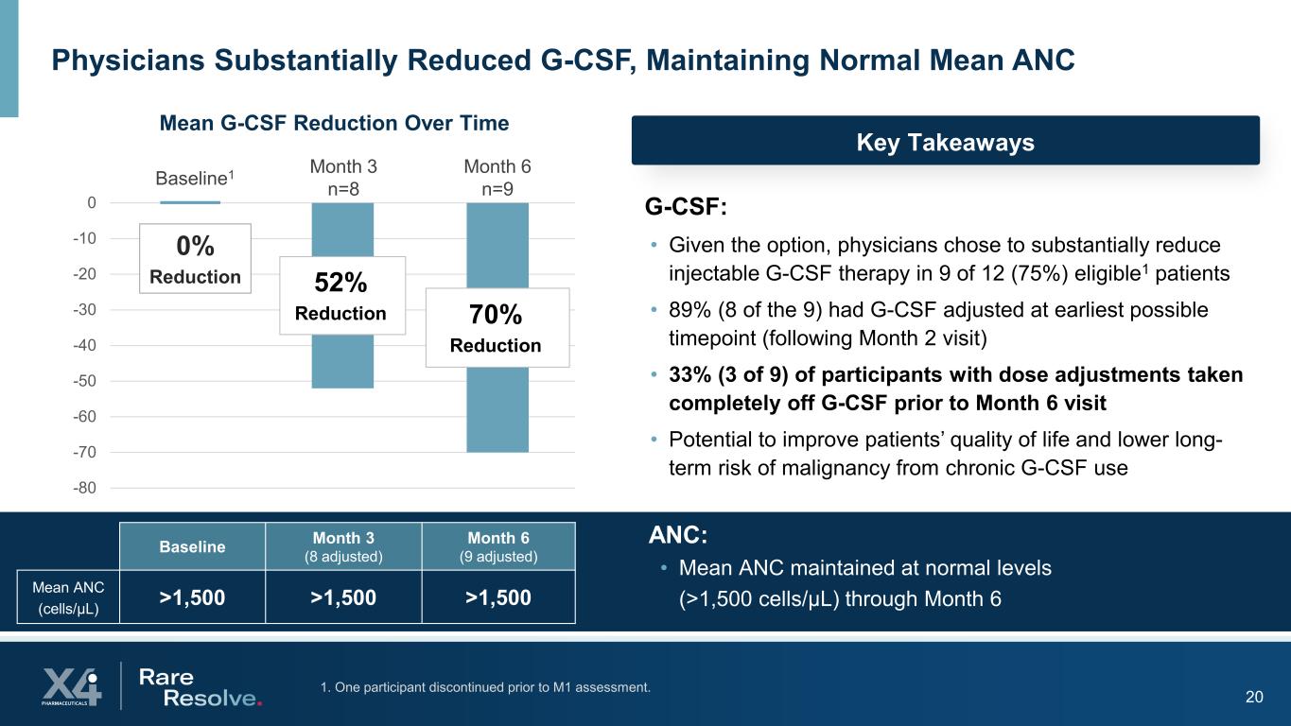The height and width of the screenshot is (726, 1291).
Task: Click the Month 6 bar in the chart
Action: click(497, 409)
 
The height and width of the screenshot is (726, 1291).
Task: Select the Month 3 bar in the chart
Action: click(342, 361)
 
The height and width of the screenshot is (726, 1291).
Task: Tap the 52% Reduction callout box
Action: click(341, 295)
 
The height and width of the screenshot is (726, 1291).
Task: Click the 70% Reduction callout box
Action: click(497, 327)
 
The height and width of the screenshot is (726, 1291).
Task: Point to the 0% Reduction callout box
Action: click(195, 258)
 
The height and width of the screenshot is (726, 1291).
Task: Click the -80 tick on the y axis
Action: click(86, 488)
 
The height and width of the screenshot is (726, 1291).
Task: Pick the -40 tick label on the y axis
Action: click(86, 345)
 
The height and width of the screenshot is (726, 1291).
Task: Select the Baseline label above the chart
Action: click(194, 178)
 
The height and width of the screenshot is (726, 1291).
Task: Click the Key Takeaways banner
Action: click(945, 142)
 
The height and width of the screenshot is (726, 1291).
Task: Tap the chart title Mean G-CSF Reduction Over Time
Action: click(334, 123)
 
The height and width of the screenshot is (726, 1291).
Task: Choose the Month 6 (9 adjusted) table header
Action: click(498, 546)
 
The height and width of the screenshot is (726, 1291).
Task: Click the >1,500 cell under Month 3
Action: click(343, 596)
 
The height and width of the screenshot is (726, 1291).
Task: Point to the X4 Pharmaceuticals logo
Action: click(71, 685)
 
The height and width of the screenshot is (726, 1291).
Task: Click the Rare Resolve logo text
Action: click(199, 687)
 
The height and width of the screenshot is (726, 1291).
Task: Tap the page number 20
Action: click(1254, 698)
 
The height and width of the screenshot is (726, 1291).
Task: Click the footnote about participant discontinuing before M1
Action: click(485, 687)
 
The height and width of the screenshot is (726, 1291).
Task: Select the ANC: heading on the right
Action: click(677, 535)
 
